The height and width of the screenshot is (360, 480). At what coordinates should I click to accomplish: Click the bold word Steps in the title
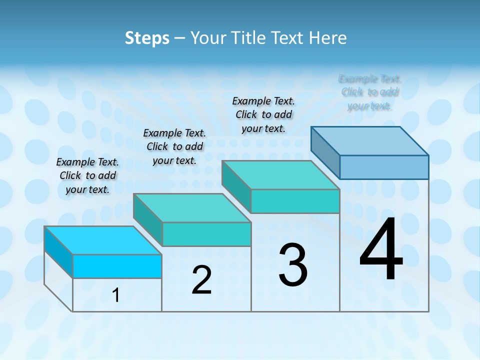[x=147, y=38]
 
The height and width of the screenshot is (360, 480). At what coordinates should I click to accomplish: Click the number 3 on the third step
[x=293, y=265]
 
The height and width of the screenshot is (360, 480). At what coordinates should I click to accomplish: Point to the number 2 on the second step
[x=201, y=280]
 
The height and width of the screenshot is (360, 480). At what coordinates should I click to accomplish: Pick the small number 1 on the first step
[x=116, y=295]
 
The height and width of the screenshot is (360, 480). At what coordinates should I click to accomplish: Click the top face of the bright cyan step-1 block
[x=102, y=240]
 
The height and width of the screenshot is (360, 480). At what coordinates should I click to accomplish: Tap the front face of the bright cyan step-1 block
[x=117, y=266]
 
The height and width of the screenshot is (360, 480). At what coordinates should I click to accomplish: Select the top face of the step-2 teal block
[x=191, y=208]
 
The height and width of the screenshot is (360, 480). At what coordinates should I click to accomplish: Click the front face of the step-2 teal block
[x=206, y=234]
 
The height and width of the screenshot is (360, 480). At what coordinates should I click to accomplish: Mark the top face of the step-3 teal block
[x=280, y=175]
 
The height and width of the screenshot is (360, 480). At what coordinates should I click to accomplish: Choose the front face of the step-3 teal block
[x=295, y=201]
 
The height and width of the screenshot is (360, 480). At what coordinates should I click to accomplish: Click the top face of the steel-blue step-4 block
[x=369, y=141]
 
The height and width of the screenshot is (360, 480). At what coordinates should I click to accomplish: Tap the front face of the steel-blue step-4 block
[x=384, y=167]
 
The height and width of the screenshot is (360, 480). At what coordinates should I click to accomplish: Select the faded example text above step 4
[x=370, y=92]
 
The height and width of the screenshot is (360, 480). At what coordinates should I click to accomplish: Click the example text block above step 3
[x=263, y=114]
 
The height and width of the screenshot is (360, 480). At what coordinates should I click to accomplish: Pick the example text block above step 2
[x=174, y=146]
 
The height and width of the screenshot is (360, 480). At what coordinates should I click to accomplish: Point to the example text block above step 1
[x=87, y=175]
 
